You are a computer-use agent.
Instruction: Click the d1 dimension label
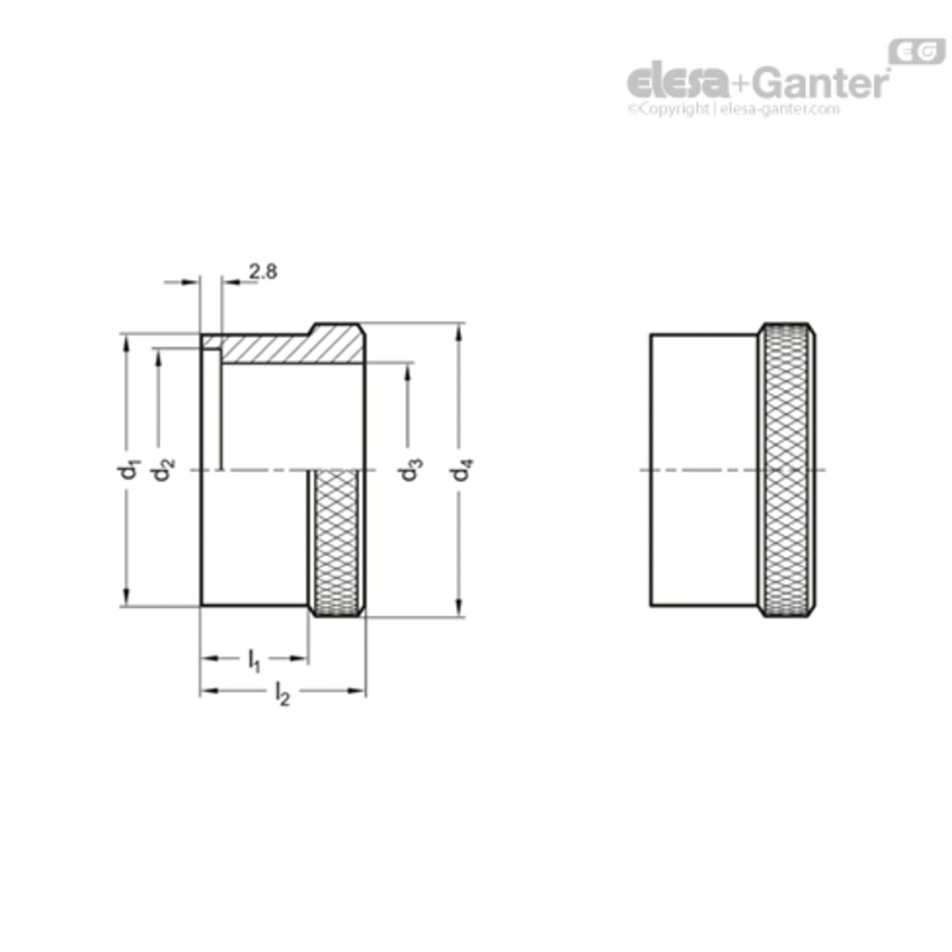[128, 470]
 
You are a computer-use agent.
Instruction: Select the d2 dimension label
[162, 470]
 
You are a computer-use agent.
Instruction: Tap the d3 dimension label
[410, 470]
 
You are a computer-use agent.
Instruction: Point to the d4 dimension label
[462, 470]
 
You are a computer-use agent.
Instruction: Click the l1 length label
[254, 661]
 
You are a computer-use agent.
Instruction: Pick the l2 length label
[282, 694]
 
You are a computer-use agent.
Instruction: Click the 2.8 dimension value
[263, 272]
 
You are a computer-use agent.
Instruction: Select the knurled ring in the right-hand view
[787, 470]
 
